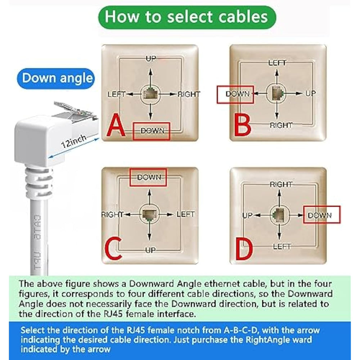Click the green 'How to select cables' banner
(187, 17)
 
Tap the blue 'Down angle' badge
(56, 78)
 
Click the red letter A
(116, 125)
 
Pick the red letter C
(113, 248)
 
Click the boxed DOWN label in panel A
(152, 131)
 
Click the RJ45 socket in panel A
(150, 94)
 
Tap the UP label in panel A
(151, 59)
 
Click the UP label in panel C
(150, 250)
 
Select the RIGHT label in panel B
(281, 125)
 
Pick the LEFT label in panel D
(282, 247)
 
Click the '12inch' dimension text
(74, 141)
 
